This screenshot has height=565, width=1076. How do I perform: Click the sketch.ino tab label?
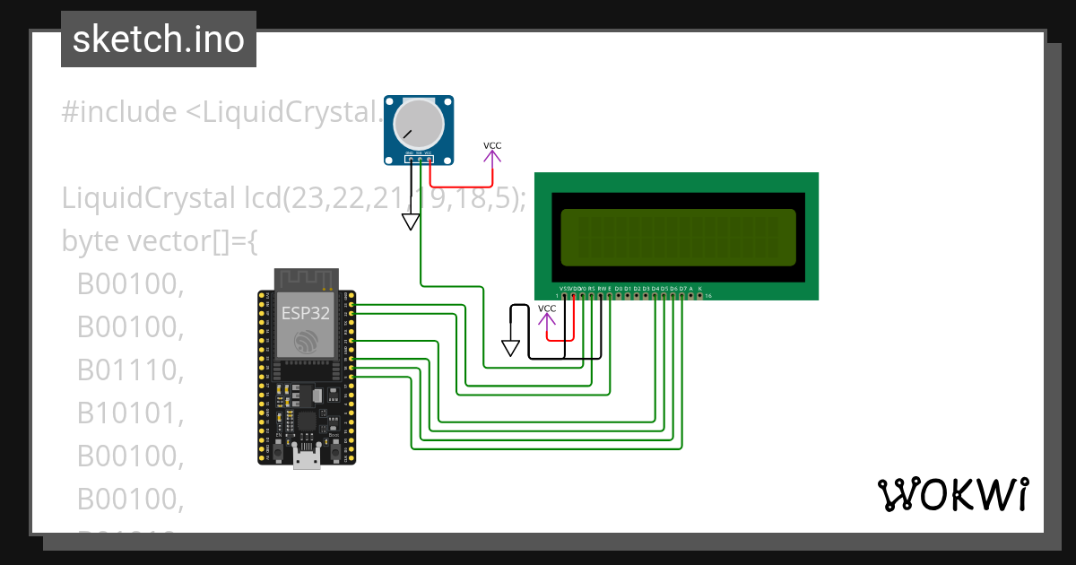pos(158,39)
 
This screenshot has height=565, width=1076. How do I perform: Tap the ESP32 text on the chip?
pos(305,313)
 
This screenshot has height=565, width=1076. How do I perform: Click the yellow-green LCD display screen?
pos(678,238)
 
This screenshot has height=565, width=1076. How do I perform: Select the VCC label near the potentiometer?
pos(492,145)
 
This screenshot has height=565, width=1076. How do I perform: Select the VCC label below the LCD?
pos(547,309)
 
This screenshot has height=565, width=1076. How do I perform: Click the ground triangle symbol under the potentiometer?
pos(411,221)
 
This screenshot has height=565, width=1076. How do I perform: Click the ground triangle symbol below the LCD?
pos(511,347)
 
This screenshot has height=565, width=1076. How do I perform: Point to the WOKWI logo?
pos(952,494)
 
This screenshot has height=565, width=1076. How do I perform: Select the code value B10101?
pos(130,413)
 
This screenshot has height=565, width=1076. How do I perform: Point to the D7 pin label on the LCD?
pos(682,289)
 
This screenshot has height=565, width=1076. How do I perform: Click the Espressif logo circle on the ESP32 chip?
pos(305,340)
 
